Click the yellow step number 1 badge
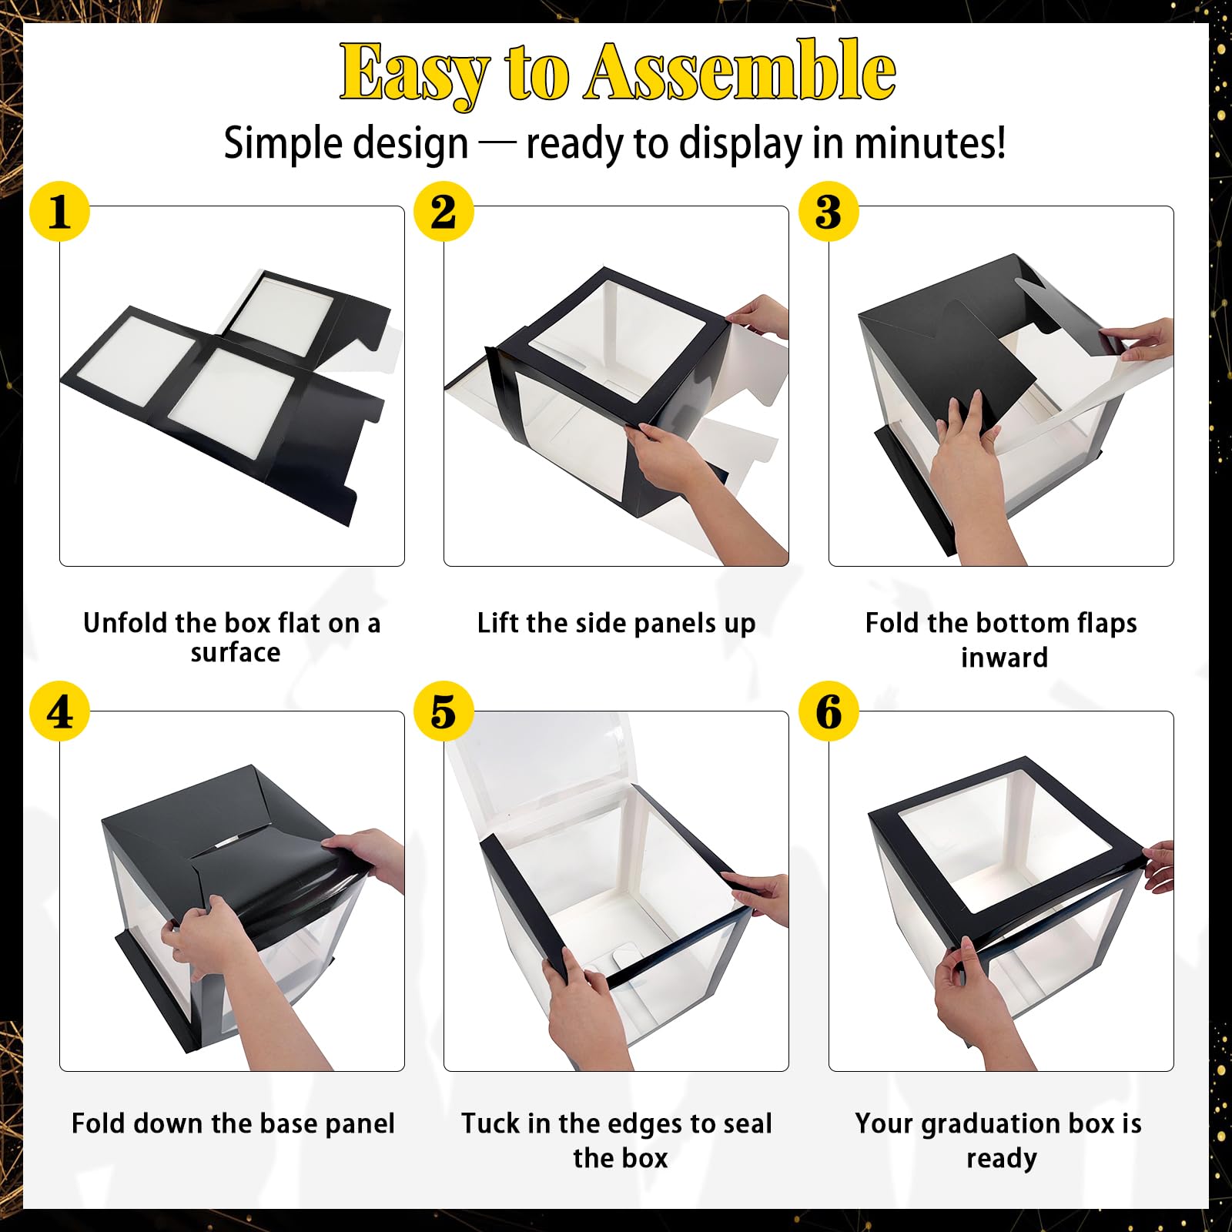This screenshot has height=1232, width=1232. click(59, 211)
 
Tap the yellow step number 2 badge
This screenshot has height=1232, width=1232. click(444, 211)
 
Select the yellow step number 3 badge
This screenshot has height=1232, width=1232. click(829, 211)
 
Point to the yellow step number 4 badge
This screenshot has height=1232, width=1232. click(59, 711)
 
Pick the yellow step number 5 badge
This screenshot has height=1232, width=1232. click(444, 711)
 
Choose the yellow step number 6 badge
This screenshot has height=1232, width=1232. click(829, 711)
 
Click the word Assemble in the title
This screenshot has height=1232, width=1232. click(741, 71)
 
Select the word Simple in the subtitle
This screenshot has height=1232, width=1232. click(277, 145)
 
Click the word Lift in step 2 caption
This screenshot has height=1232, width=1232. click(494, 622)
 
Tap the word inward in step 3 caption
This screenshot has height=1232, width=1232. click(1004, 658)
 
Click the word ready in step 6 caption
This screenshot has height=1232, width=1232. click(1002, 1160)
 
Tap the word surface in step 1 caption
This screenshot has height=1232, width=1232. click(236, 653)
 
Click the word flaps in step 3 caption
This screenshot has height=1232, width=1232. click(1103, 624)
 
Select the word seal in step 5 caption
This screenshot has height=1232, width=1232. click(748, 1123)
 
